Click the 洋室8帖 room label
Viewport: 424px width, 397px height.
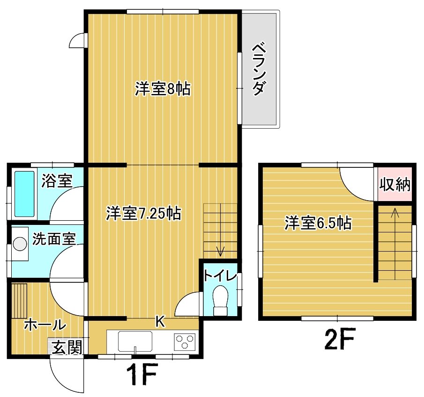(x=163, y=88)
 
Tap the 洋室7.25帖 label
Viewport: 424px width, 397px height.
(x=143, y=214)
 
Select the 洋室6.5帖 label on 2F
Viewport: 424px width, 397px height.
(x=318, y=223)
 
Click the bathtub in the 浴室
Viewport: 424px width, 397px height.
(x=24, y=194)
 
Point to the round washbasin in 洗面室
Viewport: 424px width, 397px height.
(x=20, y=244)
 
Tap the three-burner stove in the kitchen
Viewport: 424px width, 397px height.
(x=185, y=341)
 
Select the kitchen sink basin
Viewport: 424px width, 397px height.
(x=135, y=341)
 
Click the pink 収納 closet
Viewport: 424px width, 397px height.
(x=395, y=184)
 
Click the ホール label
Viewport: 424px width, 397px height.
(x=45, y=325)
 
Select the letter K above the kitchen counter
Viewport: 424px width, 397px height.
(x=160, y=321)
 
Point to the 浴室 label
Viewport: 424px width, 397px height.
(x=57, y=180)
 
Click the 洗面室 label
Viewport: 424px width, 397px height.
(x=54, y=238)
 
